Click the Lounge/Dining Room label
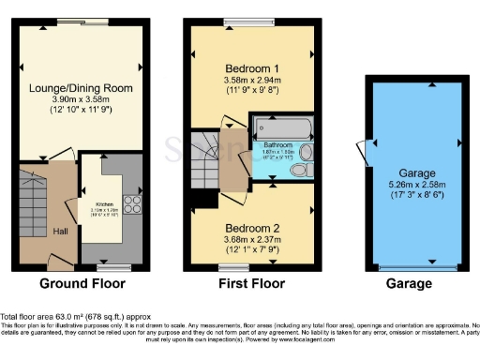pyautogui.click(x=80, y=88)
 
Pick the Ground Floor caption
pyautogui.click(x=79, y=282)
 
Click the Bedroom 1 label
pyautogui.click(x=248, y=68)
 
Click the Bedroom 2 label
pyautogui.click(x=249, y=227)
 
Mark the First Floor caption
pyautogui.click(x=251, y=282)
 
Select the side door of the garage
pyautogui.click(x=362, y=151)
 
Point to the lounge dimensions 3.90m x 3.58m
pyautogui.click(x=80, y=99)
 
